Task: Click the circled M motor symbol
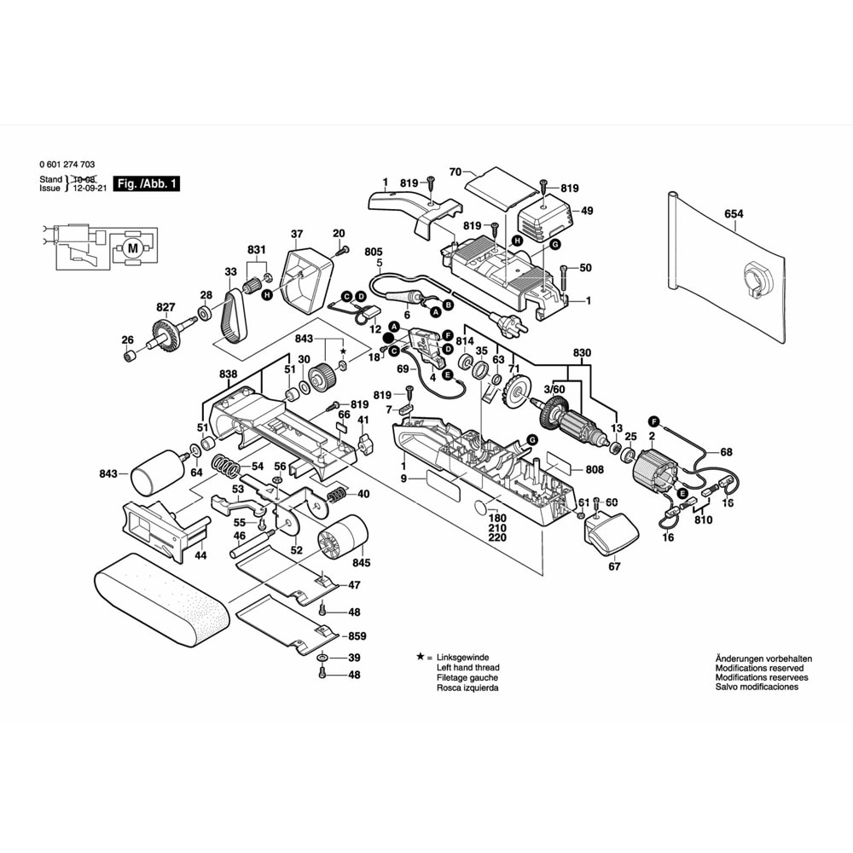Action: [131, 248]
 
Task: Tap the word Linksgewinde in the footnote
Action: [462, 658]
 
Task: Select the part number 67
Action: [612, 566]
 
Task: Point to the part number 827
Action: [165, 307]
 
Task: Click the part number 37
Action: [296, 234]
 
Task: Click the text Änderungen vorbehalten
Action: [763, 659]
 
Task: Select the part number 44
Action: [200, 555]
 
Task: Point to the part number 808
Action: [595, 469]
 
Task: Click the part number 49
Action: [587, 211]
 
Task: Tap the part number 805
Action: [373, 252]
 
